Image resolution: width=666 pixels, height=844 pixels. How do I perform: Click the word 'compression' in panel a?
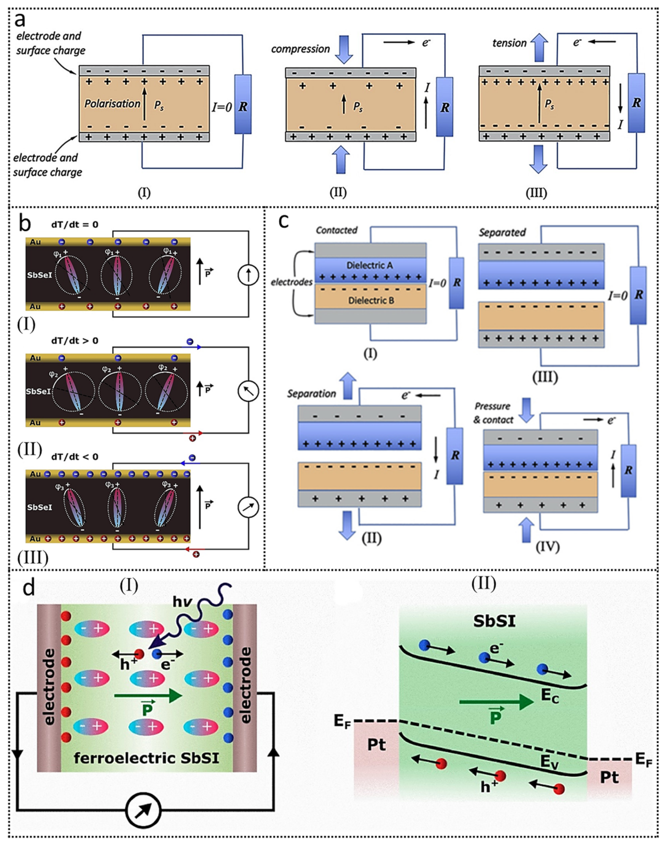tap(300, 49)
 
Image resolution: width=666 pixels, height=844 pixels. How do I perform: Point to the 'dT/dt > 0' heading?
tap(75, 341)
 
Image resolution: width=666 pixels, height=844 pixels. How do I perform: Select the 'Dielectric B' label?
tap(371, 300)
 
